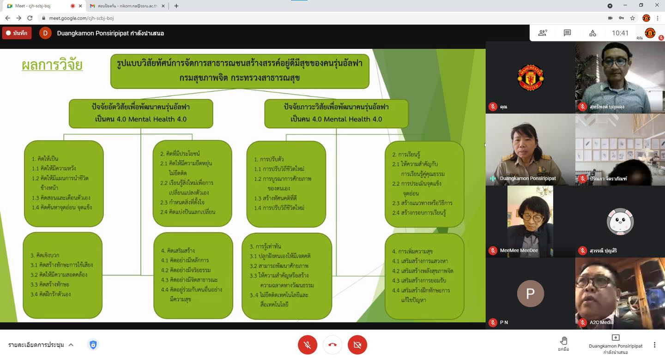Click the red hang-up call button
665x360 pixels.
(332, 345)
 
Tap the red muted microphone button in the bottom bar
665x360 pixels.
(308, 345)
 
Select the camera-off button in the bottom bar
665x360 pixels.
(357, 345)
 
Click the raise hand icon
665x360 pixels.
(563, 341)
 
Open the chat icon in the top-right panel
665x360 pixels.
(568, 33)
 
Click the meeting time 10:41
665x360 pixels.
(620, 33)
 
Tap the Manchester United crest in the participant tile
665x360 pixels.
(530, 78)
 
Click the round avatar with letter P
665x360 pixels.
(530, 294)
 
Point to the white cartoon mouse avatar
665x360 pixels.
(620, 222)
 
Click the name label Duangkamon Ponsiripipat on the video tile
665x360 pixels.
(528, 178)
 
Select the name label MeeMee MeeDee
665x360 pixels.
(519, 251)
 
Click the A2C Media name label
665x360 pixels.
(601, 322)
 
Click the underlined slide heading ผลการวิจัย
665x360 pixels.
(52, 65)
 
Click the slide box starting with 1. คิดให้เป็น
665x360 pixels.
(64, 184)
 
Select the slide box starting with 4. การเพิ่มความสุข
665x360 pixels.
(424, 276)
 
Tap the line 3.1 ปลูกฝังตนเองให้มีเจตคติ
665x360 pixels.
(280, 256)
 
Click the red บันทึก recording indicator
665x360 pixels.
(17, 33)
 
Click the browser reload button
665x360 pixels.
(30, 18)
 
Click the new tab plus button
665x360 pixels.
(176, 6)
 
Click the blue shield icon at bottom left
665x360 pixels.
(93, 345)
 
